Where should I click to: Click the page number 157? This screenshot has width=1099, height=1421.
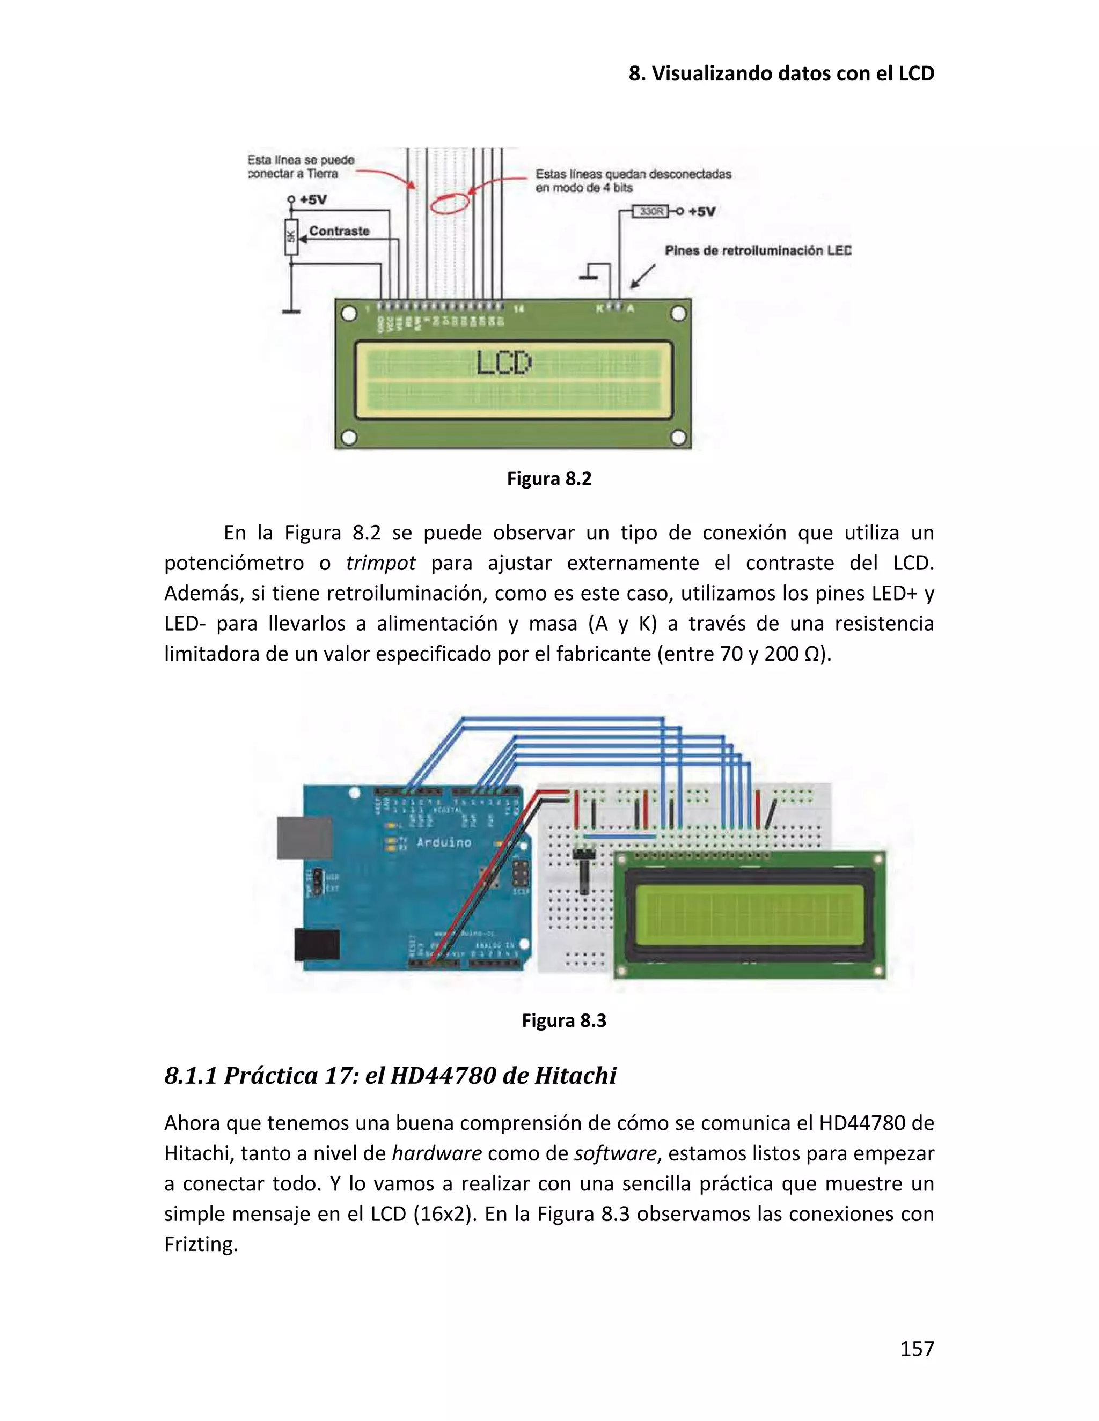917,1349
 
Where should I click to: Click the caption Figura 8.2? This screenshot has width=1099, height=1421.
549,479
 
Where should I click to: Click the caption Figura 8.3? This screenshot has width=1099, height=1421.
564,1020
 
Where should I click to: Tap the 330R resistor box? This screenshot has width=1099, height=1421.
651,211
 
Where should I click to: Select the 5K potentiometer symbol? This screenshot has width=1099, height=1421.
291,238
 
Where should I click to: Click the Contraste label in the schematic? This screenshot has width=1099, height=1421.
339,231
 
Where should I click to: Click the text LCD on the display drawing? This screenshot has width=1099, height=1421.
504,363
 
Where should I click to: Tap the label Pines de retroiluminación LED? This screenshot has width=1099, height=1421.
757,250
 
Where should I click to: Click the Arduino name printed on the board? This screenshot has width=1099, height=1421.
444,842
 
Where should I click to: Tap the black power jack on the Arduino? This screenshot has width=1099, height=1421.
317,944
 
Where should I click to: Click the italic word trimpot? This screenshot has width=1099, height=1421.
380,563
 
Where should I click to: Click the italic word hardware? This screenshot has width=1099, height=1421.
436,1153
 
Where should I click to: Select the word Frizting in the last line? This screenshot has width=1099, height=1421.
201,1244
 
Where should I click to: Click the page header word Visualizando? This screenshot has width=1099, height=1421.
712,73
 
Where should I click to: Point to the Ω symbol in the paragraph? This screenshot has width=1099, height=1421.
811,654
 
